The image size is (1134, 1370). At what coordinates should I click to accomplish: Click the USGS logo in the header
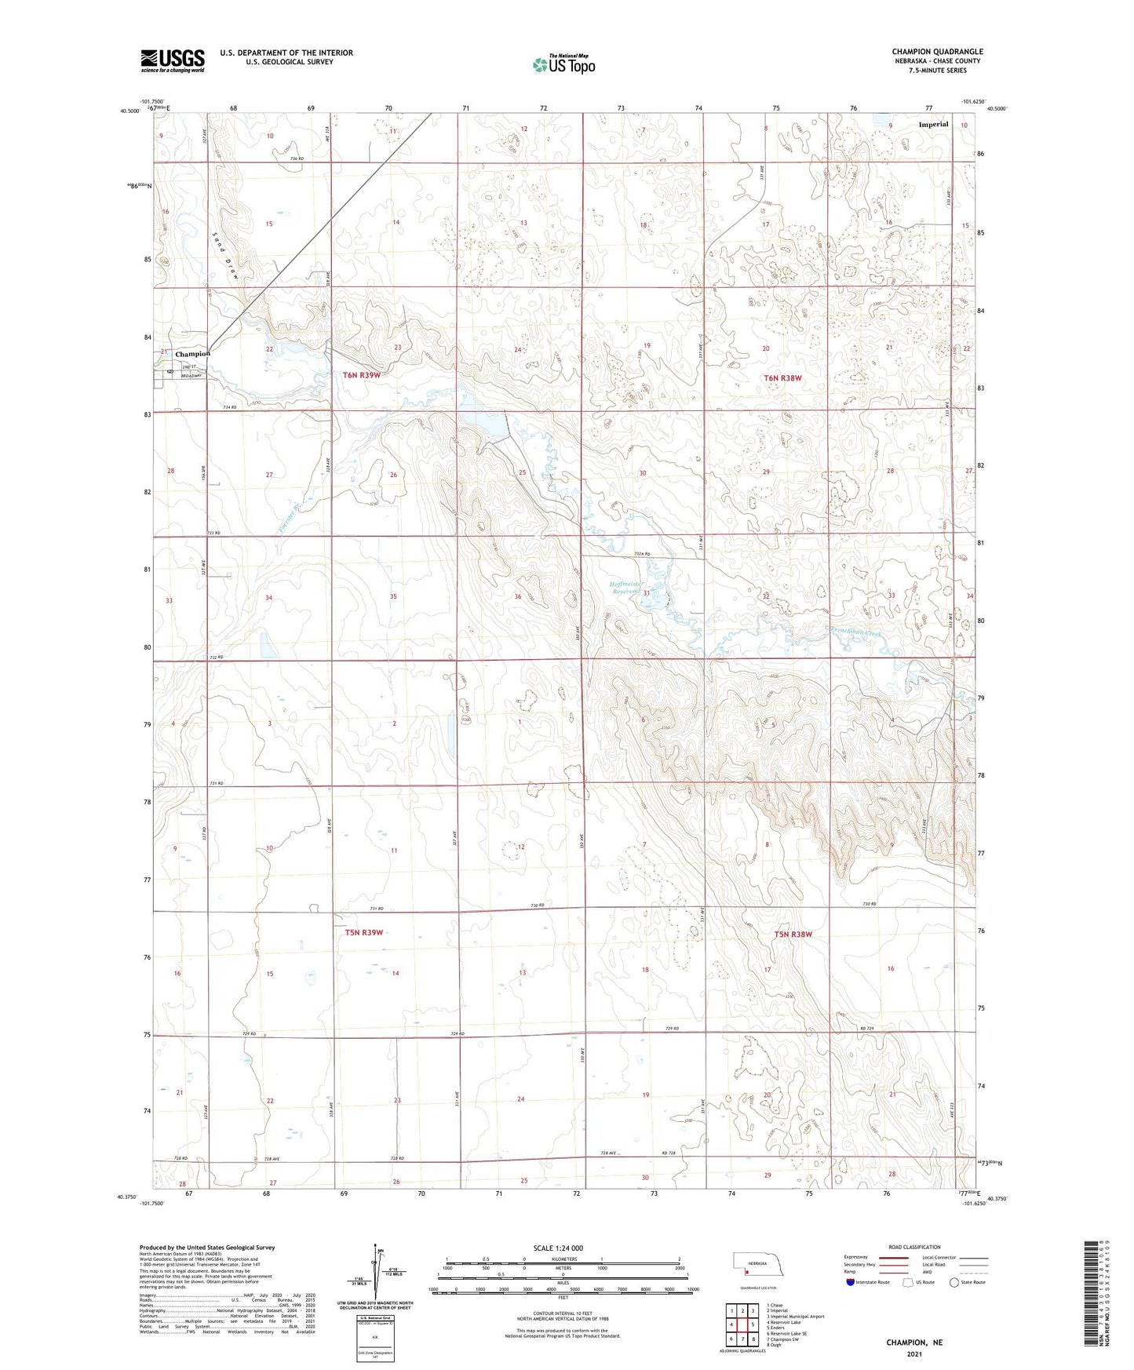tap(173, 60)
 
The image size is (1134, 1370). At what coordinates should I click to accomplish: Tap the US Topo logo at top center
tap(563, 64)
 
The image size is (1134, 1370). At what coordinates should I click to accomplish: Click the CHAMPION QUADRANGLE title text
tap(937, 52)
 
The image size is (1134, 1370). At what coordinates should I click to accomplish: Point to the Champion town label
tap(192, 354)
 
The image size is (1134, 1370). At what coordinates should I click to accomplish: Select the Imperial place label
tap(933, 124)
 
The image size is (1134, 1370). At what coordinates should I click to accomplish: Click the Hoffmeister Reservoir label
tap(627, 588)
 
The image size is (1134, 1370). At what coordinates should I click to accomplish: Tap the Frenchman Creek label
tap(855, 632)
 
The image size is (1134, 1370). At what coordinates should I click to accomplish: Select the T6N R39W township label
tap(362, 375)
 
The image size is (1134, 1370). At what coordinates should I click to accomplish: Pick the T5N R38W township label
tap(793, 935)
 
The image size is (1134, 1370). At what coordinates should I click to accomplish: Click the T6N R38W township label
tap(782, 378)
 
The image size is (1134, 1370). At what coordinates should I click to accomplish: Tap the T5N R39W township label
tap(363, 932)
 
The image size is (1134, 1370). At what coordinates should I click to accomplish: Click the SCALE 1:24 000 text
tap(558, 1248)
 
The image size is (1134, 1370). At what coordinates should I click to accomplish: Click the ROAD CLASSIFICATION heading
tap(914, 1247)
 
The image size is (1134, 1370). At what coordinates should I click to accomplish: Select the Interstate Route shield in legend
tap(851, 1282)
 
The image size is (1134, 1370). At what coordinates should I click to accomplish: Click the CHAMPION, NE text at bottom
tap(914, 1343)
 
